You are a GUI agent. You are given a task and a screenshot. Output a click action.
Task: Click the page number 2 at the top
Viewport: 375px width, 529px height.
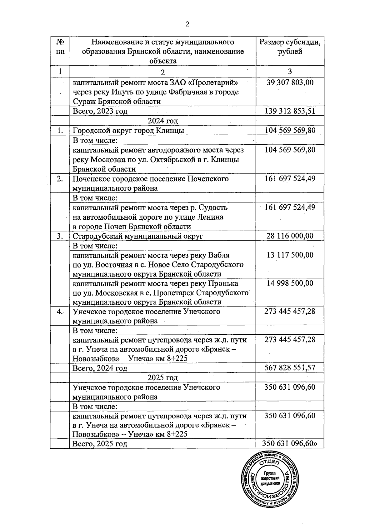point(187,24)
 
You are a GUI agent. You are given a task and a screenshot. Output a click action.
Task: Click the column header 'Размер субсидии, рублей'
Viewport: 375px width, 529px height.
point(290,47)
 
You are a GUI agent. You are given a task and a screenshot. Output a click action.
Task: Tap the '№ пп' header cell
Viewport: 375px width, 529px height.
point(60,47)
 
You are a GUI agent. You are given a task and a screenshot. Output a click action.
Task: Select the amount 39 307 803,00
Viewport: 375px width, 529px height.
point(290,82)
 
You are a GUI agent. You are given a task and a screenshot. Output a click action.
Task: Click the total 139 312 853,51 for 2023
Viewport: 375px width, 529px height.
point(290,111)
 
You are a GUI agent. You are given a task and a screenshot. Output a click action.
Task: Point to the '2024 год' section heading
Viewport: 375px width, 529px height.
point(162,121)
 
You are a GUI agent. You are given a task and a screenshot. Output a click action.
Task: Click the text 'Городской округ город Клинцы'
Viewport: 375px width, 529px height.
point(128,131)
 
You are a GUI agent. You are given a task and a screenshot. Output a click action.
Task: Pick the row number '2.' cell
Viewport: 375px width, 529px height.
point(60,179)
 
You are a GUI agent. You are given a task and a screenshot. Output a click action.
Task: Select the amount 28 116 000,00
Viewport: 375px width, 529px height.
point(290,236)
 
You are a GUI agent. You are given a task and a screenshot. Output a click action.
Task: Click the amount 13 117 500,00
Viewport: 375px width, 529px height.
point(290,255)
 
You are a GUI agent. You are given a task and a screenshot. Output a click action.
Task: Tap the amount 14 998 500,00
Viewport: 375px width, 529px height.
point(290,283)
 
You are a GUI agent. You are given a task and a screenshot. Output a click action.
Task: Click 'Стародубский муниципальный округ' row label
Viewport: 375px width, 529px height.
point(138,236)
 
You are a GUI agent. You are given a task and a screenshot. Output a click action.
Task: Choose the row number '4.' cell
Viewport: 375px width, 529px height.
point(60,312)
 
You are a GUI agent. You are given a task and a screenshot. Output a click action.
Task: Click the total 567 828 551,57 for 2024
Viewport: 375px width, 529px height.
point(290,368)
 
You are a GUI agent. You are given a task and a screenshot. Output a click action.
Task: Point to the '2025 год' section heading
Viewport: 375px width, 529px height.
point(162,378)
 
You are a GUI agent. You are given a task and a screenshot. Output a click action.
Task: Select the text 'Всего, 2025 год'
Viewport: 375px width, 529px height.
point(100,444)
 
